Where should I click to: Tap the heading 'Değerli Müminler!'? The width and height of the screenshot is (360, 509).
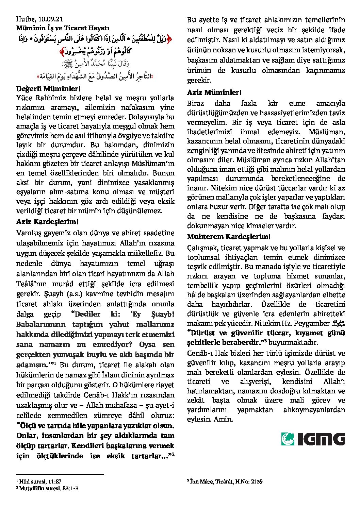(48, 89)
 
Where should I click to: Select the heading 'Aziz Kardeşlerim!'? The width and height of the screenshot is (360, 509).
(48, 222)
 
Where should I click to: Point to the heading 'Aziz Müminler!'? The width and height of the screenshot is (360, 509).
(214, 92)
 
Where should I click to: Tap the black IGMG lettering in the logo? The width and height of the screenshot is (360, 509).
(321, 439)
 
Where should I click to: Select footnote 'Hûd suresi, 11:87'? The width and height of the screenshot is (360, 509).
(40, 481)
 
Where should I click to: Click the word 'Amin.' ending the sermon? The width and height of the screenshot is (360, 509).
(224, 419)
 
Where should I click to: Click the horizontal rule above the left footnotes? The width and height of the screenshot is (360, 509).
(60, 475)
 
